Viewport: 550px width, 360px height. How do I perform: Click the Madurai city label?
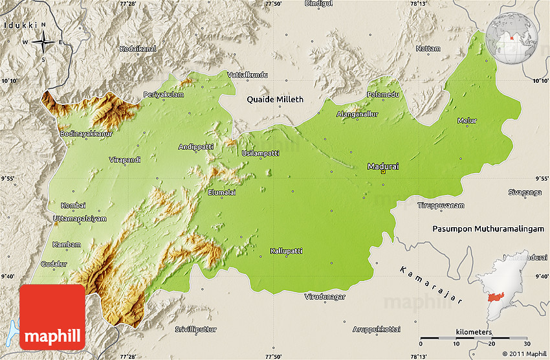(x=382, y=166)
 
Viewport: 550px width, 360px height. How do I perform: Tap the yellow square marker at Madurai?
(x=383, y=173)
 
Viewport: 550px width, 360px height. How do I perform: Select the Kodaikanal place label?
(x=138, y=49)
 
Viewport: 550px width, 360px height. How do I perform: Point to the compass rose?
(x=43, y=43)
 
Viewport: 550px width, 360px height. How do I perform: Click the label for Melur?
(x=467, y=121)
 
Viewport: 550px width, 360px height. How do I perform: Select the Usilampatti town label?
(x=260, y=153)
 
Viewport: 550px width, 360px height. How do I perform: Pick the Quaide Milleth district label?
(x=274, y=100)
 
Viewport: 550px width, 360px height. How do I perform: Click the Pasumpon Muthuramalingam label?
(x=490, y=229)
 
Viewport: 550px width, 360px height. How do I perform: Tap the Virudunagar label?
(x=325, y=297)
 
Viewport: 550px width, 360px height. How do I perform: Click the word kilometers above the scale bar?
(x=473, y=332)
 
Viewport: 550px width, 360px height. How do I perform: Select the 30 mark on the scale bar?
(x=527, y=344)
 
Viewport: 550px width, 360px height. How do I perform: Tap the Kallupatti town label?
(x=287, y=251)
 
